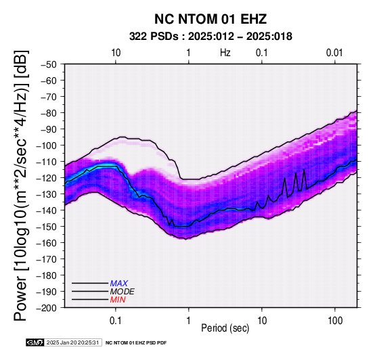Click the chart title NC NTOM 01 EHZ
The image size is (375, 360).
coord(211,19)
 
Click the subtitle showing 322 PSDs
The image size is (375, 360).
coord(211,37)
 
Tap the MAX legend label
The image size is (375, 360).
coord(119,284)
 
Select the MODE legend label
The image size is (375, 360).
coord(123,292)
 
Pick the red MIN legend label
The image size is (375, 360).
coord(118,300)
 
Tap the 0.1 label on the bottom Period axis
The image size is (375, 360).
coord(116,321)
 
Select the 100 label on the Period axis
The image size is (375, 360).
coord(335,321)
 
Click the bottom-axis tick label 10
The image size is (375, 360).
coord(262,321)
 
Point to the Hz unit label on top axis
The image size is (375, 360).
coord(225,53)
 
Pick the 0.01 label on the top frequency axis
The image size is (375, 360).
coord(334,53)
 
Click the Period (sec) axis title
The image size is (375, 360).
coord(225,328)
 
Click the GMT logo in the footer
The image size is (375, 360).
coord(35,342)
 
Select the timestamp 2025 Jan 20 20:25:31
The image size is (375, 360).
coord(72,342)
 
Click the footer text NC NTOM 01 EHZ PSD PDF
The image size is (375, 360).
coord(136,343)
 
